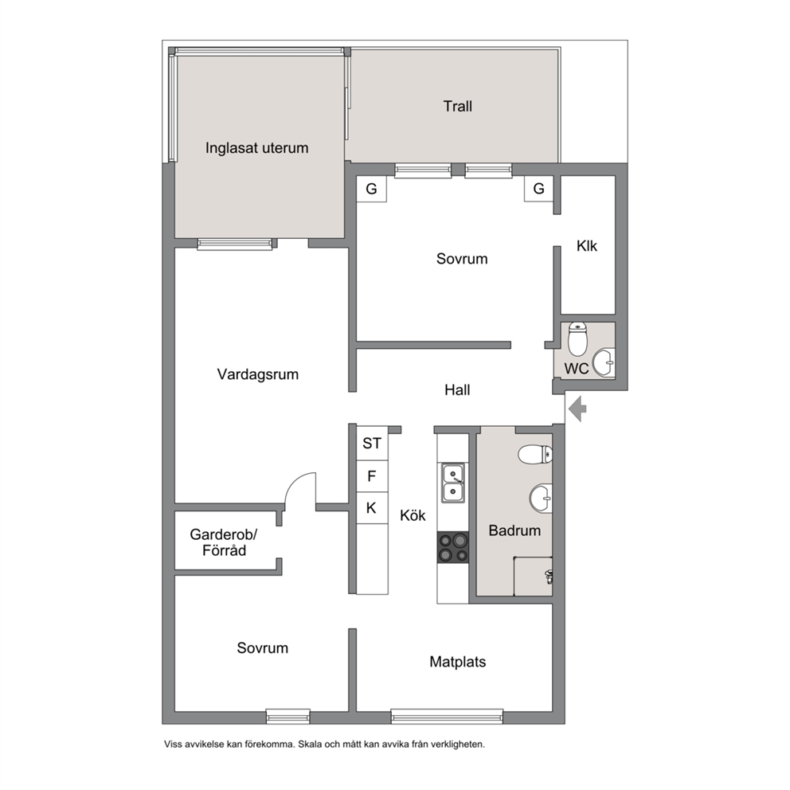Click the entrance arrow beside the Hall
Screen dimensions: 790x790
tap(577, 409)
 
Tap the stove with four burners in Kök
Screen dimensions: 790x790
tap(453, 548)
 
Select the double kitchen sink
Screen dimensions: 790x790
tap(453, 483)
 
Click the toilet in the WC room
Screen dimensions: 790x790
tap(577, 338)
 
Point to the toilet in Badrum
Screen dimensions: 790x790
tap(535, 454)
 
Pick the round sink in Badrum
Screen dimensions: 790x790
tap(541, 499)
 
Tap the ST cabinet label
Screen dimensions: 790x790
tap(373, 444)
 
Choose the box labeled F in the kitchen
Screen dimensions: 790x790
tap(373, 476)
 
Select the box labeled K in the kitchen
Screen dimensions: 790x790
tap(373, 508)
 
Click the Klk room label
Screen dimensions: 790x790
tap(587, 246)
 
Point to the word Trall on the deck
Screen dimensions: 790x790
tap(457, 106)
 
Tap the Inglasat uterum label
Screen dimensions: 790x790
tap(257, 148)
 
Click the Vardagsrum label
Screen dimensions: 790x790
tap(258, 374)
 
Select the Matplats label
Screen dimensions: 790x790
tap(457, 662)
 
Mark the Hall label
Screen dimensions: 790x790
tap(457, 390)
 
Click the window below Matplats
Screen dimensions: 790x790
tap(447, 717)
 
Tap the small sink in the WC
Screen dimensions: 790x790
tap(604, 362)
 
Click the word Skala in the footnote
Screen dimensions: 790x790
tap(309, 744)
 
